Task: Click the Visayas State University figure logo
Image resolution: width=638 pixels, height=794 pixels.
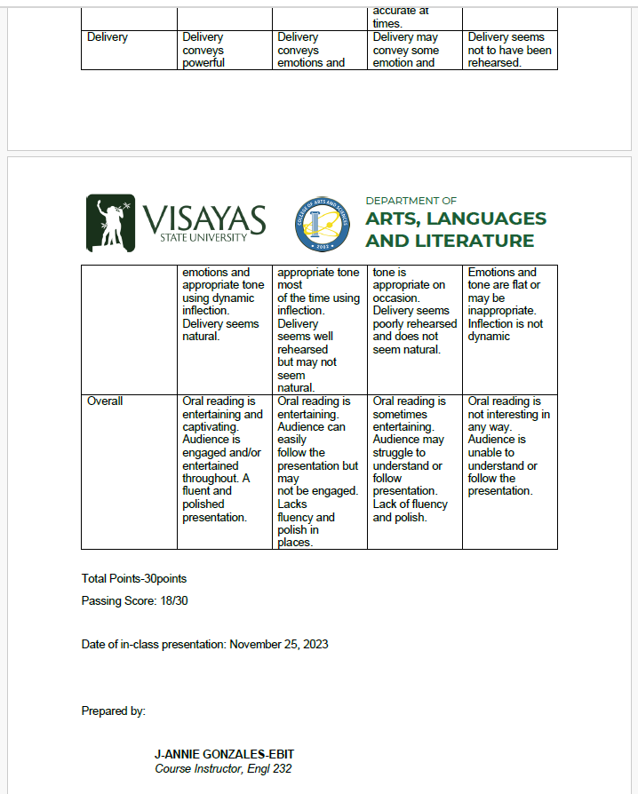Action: click(110, 222)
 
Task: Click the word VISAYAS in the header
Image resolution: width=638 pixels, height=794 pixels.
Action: click(203, 218)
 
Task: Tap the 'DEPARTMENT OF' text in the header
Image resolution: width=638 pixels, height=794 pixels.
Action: click(411, 201)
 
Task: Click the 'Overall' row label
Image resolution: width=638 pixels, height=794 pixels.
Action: click(105, 401)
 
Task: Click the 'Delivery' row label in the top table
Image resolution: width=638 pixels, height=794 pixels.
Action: click(108, 37)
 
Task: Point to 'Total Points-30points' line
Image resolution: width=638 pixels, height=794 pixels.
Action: click(134, 578)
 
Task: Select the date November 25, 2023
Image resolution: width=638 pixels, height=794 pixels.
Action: click(278, 644)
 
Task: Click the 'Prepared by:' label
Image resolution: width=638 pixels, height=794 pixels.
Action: click(114, 711)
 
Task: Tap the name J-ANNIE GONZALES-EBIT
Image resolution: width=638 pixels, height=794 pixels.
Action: click(224, 755)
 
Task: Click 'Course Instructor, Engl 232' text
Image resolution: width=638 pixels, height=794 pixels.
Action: click(223, 769)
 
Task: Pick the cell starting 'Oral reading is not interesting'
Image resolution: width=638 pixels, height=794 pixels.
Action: click(509, 446)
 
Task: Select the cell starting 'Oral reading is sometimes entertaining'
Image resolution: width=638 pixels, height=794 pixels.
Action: click(411, 458)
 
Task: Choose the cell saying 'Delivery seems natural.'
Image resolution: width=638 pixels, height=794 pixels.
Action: click(220, 330)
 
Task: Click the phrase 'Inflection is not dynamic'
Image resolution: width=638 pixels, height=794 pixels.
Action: click(505, 330)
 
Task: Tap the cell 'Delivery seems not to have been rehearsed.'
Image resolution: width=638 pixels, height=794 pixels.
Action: click(509, 50)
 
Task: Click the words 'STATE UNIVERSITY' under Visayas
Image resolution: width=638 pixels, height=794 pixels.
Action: click(203, 237)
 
